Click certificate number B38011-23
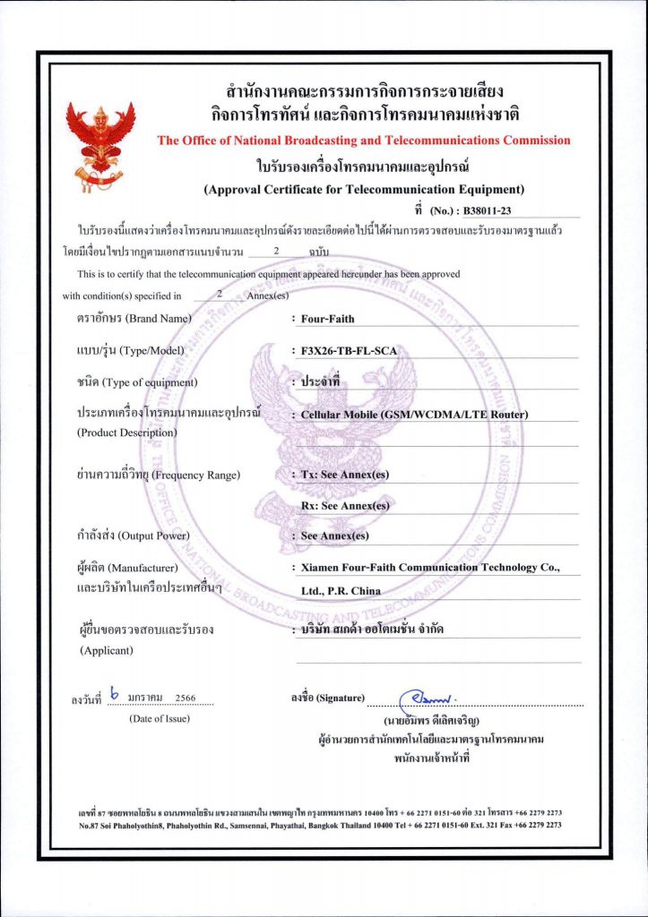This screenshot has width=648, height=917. click(x=491, y=211)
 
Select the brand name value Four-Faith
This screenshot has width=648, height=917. click(x=328, y=319)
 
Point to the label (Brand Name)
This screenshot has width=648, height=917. click(x=159, y=319)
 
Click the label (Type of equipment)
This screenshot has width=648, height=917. click(x=149, y=383)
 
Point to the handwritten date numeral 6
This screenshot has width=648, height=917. click(x=113, y=692)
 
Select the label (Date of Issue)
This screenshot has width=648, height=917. click(x=160, y=718)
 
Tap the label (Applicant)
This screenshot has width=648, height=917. click(x=107, y=650)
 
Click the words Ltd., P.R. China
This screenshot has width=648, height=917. click(x=341, y=591)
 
